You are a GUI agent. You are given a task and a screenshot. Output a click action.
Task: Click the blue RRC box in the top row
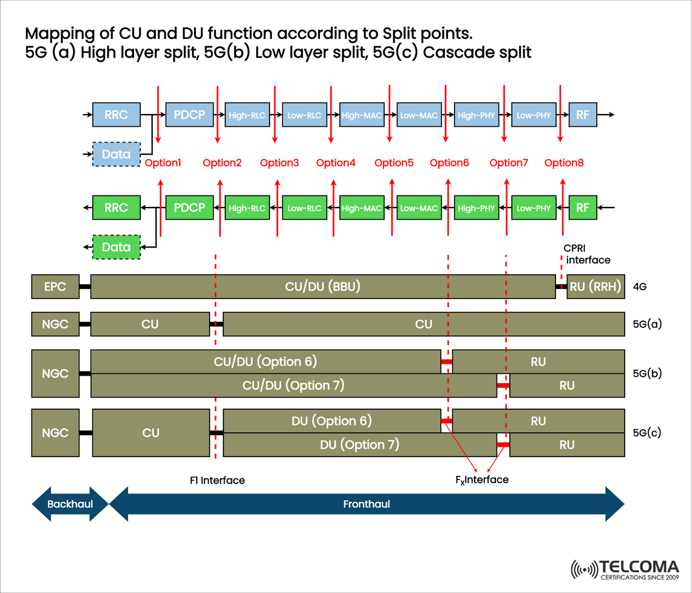click(116, 115)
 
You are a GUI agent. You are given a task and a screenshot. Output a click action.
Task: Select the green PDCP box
click(189, 208)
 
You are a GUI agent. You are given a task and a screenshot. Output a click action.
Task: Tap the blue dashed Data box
click(116, 154)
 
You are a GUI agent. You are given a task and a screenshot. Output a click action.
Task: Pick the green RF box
click(582, 208)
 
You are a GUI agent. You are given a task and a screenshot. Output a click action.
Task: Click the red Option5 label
click(394, 163)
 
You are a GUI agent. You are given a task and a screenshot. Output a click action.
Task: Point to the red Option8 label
click(564, 163)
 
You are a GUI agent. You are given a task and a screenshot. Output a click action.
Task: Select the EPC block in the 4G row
click(55, 286)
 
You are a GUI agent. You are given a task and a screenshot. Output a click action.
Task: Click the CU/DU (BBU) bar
click(323, 286)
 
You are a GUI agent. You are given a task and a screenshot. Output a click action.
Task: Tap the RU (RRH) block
click(595, 286)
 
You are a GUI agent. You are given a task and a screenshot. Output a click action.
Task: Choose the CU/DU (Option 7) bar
click(294, 385)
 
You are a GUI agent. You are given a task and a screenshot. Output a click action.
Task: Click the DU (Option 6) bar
click(332, 421)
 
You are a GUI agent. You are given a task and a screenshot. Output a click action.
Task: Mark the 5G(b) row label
click(646, 373)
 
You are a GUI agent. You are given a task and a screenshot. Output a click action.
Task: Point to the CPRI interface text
click(587, 254)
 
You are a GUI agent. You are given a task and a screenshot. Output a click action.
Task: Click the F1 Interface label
click(217, 480)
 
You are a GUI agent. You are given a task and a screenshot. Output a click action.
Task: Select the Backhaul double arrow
click(70, 504)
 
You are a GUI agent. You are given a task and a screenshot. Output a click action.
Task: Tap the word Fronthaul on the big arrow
click(366, 504)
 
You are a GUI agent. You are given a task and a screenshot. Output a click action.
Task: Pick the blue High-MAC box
click(362, 115)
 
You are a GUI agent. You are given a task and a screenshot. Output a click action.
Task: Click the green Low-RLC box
click(304, 208)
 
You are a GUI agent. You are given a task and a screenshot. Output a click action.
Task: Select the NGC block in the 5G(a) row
click(55, 324)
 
